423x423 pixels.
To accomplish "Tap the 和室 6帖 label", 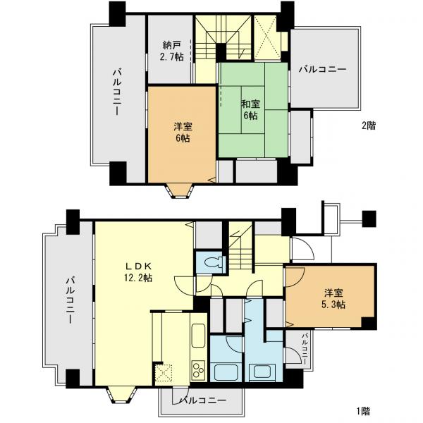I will click(250, 109).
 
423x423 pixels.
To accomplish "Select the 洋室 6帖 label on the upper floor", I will click(182, 132).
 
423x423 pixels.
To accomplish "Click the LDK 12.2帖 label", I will click(138, 271).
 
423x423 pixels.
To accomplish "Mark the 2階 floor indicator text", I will click(368, 126).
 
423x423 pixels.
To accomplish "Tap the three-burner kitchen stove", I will click(197, 368).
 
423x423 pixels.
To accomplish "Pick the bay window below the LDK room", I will click(118, 395).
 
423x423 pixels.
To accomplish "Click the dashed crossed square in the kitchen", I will click(164, 373).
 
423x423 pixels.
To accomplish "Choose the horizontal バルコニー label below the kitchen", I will click(202, 400).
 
